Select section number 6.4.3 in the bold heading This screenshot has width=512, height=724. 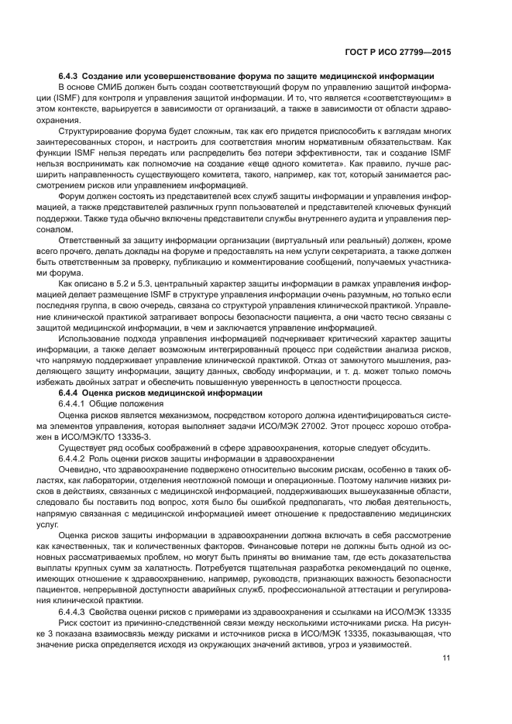(x=70, y=77)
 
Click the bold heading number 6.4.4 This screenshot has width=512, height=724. (x=70, y=393)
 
